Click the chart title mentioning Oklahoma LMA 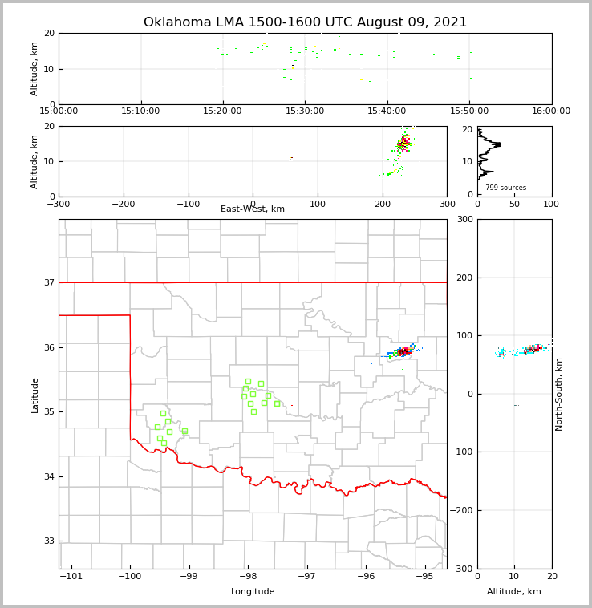[305, 22]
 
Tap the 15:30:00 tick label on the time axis [305, 111]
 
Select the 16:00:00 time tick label [551, 111]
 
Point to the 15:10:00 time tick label [141, 111]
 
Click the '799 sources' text [505, 188]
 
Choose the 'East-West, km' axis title [253, 209]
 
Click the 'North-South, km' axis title [559, 394]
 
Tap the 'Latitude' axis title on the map [34, 395]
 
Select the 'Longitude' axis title [253, 592]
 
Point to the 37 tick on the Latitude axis [49, 282]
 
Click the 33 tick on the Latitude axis [49, 541]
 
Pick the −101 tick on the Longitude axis [71, 576]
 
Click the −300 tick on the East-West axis [59, 204]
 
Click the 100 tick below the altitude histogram [551, 204]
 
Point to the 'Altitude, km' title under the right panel [514, 592]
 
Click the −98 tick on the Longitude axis [248, 576]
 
